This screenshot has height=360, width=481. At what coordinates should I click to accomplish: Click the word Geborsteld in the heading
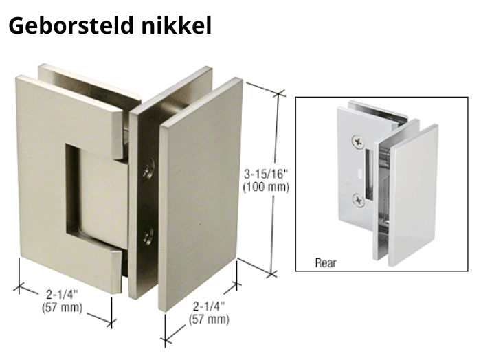tap(71, 25)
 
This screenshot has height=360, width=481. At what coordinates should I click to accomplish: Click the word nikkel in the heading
tap(177, 25)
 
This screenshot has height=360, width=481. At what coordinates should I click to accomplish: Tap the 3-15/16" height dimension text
tap(266, 175)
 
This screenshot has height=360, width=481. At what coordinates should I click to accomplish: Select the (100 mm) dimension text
tap(266, 187)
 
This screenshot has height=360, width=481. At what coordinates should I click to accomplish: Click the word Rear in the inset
tap(326, 263)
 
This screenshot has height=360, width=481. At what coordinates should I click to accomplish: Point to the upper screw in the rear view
tap(358, 142)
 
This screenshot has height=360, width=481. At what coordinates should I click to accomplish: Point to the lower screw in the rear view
tap(358, 201)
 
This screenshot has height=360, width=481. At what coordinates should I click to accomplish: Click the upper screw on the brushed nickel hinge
tap(148, 169)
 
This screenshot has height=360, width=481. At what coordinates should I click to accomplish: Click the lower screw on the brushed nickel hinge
tap(148, 237)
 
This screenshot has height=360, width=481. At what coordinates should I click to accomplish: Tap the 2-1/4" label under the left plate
tap(63, 295)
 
